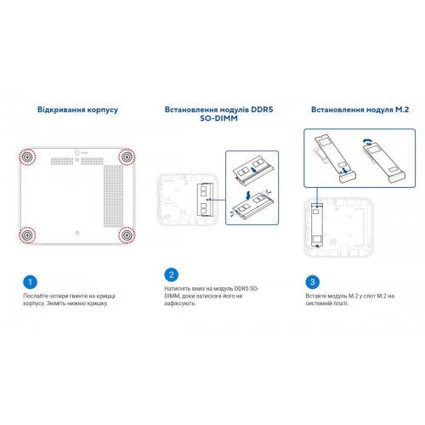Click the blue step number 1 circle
tap(31, 281)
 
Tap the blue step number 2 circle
tap(173, 275)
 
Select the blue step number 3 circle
tap(314, 281)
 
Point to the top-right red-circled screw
tap(127, 157)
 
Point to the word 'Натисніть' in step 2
tap(181, 291)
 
